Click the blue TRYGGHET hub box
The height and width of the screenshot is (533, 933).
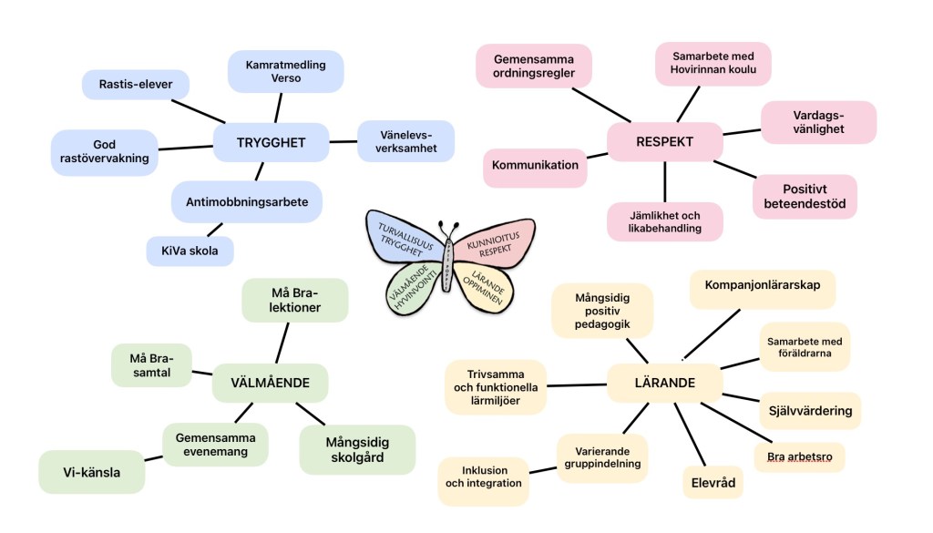270,142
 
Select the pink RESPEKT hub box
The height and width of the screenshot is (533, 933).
664,142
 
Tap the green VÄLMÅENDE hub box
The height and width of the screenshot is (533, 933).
270,384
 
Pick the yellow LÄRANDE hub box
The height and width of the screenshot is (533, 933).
664,384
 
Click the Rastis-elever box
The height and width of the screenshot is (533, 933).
134,86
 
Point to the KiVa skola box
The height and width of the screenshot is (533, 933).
190,251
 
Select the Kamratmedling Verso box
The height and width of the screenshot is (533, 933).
285,71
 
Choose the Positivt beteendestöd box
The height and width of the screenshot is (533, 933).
805,196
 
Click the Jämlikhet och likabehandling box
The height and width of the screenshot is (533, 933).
664,221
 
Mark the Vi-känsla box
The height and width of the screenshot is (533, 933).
91,472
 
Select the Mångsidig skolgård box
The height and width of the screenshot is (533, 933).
357,449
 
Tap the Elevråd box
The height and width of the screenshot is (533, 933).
713,482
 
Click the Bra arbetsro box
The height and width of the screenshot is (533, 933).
799,456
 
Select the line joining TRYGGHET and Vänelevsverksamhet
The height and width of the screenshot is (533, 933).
343,141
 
